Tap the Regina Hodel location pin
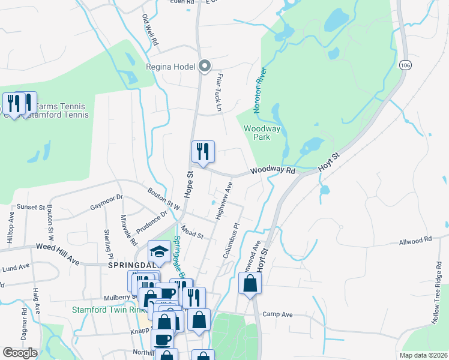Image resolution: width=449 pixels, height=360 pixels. (205, 66)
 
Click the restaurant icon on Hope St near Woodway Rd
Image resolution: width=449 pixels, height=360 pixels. (203, 152)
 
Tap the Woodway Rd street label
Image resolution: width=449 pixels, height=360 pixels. (273, 171)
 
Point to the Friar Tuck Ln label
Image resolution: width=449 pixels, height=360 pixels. (219, 92)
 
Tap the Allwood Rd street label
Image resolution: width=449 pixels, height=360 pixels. (415, 239)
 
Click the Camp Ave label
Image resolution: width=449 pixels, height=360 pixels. (277, 314)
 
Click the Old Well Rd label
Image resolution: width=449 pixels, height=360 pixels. (149, 30)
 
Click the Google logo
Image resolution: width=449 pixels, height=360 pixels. (20, 352)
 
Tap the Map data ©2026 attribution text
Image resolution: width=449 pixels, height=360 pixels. (423, 355)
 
